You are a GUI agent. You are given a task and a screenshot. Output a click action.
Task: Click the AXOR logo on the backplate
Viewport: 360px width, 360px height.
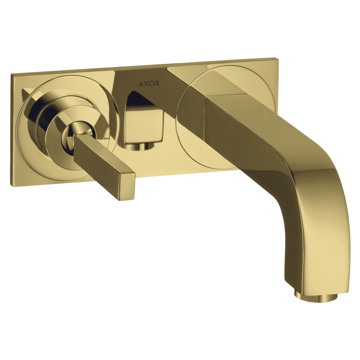tap(149, 84)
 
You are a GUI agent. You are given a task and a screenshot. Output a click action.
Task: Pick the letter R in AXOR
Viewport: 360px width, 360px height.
tap(157, 84)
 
